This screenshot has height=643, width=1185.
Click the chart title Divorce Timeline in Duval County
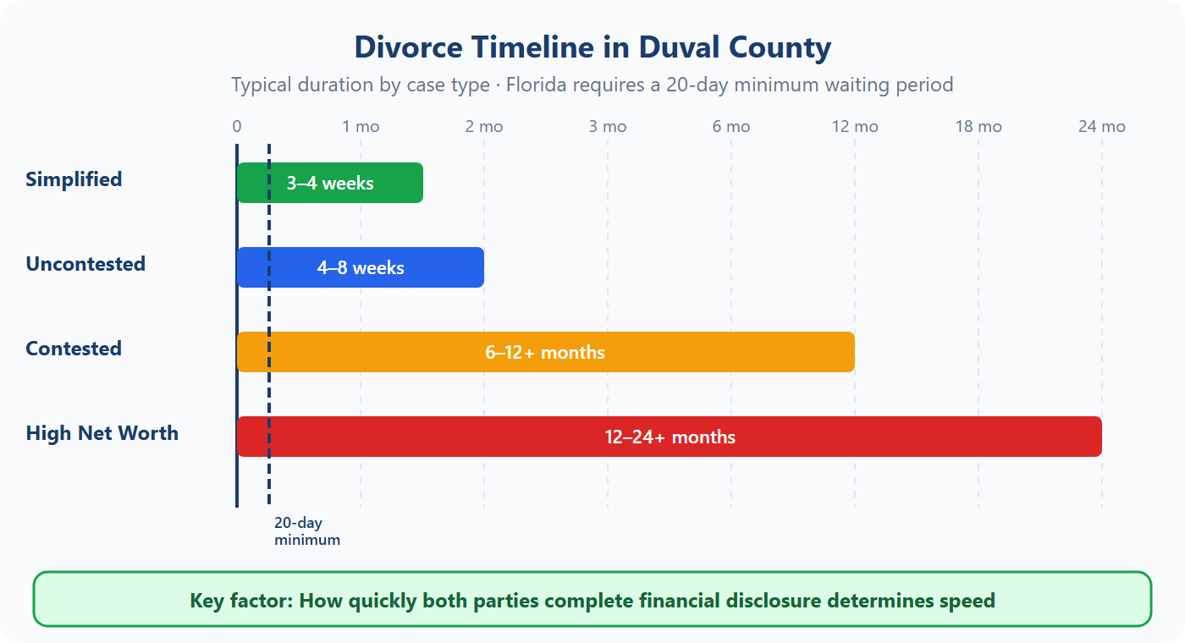click(592, 47)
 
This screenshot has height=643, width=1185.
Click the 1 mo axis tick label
click(361, 127)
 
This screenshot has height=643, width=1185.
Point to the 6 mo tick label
click(731, 127)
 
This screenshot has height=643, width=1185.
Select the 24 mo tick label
click(1101, 127)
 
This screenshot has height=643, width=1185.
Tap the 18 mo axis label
click(978, 127)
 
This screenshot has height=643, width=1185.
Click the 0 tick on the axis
click(237, 127)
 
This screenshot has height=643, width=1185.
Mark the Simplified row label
click(74, 179)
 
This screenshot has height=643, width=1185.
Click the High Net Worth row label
click(102, 433)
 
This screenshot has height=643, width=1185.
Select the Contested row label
click(74, 349)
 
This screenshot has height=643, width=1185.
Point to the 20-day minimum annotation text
click(306, 531)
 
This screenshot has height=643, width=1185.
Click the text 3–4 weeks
click(330, 183)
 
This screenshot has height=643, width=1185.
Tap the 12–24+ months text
click(670, 437)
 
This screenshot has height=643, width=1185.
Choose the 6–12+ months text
click(545, 353)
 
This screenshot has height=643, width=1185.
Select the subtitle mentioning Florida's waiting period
click(592, 85)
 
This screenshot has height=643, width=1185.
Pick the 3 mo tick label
click(608, 127)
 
